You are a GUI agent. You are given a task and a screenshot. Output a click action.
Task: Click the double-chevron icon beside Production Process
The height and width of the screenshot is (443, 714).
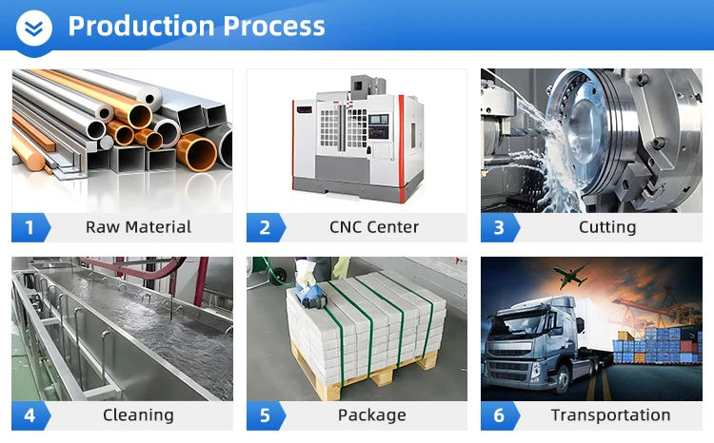point(34,29)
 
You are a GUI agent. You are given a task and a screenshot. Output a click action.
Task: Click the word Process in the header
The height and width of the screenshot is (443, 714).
point(274,26)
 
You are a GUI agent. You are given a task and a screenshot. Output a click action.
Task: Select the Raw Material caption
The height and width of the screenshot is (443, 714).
point(138,227)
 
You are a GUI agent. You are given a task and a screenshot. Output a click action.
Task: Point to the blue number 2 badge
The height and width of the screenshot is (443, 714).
point(266,227)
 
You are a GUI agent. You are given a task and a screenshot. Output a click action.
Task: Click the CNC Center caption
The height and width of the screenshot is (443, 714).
point(374,227)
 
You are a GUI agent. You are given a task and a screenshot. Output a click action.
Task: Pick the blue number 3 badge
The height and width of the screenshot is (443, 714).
point(500,227)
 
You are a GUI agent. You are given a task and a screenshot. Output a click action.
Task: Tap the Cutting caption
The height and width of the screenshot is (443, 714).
point(607,227)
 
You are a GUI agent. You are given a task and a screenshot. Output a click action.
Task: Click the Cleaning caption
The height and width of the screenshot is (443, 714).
point(138,415)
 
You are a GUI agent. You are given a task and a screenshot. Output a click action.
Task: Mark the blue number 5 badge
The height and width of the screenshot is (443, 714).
point(266,415)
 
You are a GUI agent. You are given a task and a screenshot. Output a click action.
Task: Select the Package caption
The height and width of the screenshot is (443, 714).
point(372,415)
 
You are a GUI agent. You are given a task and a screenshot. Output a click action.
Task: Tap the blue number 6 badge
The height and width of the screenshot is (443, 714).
point(500,415)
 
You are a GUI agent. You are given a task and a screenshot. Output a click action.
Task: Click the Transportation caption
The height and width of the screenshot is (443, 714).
point(610,415)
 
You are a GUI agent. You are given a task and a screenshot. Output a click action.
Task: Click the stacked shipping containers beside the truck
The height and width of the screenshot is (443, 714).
point(656,346)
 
